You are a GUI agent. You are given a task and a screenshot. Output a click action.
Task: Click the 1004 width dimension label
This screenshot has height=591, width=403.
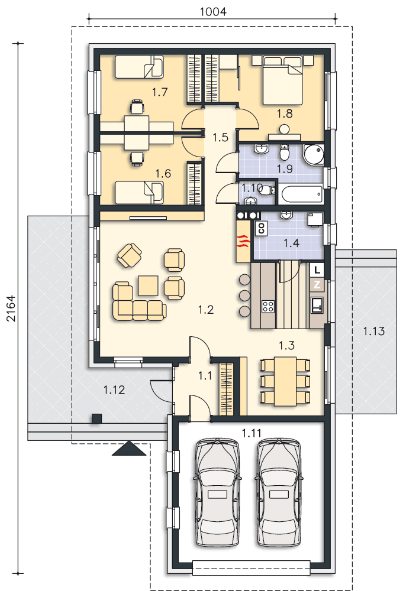(213, 11)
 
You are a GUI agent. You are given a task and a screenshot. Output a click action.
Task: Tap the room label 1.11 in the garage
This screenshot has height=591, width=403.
(252, 433)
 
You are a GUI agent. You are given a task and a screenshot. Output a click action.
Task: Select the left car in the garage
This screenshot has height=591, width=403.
(217, 492)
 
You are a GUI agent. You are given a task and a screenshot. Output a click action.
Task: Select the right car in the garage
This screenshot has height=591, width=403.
(279, 492)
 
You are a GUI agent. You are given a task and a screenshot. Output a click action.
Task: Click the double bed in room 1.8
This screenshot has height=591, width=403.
(283, 80)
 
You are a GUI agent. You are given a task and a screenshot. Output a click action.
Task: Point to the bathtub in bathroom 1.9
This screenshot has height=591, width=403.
(301, 194)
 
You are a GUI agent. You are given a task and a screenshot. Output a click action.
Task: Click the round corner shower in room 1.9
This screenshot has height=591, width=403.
(314, 154)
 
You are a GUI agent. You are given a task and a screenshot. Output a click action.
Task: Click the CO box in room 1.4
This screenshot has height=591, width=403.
(261, 228)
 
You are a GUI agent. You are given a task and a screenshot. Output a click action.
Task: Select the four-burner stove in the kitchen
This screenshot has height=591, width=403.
(268, 306)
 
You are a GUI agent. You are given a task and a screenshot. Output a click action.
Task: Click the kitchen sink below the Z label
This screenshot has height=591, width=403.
(317, 305)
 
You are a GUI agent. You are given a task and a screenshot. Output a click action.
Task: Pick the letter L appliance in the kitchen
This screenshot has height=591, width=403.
(317, 270)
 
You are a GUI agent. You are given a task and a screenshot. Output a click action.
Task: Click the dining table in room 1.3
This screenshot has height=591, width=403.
(285, 381)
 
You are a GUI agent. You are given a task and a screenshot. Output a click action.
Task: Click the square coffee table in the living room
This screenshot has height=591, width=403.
(148, 285)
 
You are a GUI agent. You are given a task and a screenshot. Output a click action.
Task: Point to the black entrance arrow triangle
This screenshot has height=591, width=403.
(129, 449)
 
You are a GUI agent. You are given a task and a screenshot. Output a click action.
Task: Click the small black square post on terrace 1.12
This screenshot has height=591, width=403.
(97, 419)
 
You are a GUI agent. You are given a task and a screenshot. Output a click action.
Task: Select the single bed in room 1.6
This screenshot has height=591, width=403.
(139, 193)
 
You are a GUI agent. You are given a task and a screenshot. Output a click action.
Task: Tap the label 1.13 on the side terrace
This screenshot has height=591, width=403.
(373, 332)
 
